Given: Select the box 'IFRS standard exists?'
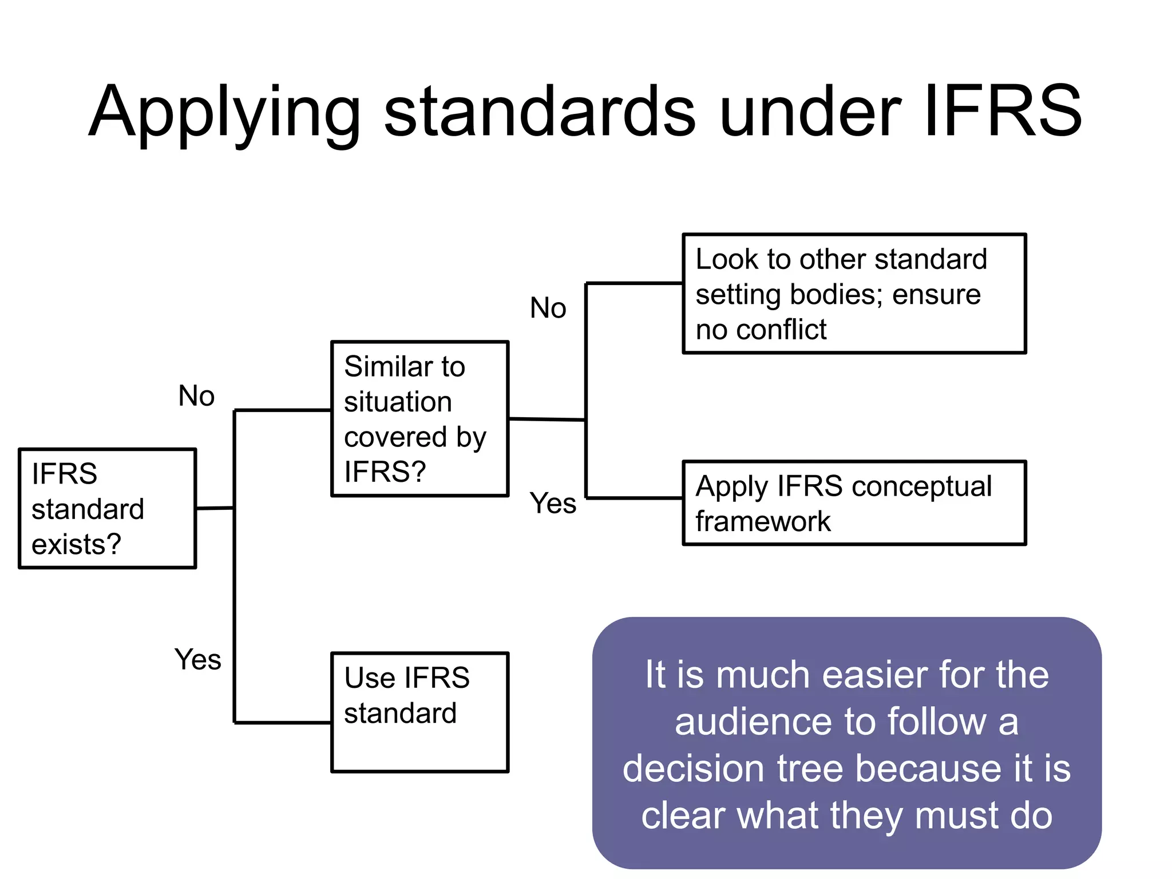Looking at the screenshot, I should [107, 508].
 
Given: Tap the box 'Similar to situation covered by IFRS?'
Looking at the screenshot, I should [419, 419].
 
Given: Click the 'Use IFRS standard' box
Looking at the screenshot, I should [419, 712].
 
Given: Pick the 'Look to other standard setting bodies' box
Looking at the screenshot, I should [854, 294].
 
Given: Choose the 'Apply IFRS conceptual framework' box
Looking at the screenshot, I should [854, 503].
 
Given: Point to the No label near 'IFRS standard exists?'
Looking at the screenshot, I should [196, 396].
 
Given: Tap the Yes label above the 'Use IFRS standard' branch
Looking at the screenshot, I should [197, 659].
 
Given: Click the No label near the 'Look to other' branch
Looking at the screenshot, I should [548, 308].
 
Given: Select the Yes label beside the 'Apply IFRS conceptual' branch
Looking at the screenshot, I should [552, 504].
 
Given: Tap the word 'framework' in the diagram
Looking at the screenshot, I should [763, 521].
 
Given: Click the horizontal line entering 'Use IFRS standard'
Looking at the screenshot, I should [283, 723].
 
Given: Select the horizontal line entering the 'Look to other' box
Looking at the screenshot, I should [634, 283].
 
